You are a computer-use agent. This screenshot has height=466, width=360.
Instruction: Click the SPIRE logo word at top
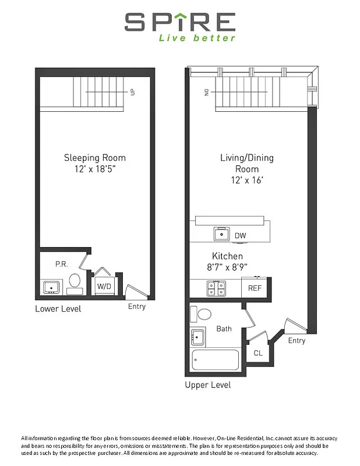tap(180, 23)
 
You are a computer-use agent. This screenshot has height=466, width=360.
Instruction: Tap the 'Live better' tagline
tap(197, 38)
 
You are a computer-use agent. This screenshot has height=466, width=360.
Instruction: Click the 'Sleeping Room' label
tap(94, 158)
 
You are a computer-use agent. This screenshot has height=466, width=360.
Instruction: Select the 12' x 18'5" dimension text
tap(94, 169)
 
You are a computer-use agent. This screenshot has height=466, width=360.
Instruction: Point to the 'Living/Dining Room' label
tap(246, 164)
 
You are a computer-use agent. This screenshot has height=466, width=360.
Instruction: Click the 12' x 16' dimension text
tap(246, 180)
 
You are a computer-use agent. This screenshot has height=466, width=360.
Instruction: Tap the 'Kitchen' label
tap(227, 256)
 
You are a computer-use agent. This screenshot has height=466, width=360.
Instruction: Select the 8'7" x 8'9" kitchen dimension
tap(227, 268)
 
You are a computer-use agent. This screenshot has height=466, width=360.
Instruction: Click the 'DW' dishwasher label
tap(241, 236)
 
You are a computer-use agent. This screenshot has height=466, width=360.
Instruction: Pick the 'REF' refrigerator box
tap(255, 288)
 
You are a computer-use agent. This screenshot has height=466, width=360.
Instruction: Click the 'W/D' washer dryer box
tap(104, 286)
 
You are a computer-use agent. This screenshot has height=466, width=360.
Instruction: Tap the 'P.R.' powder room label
tap(61, 264)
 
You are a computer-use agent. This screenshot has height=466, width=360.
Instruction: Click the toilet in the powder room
tap(74, 281)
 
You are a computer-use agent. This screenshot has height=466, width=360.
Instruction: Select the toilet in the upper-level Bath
tap(204, 315)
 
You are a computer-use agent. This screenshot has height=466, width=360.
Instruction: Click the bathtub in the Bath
tap(214, 359)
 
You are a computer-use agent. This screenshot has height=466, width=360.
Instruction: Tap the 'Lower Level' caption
tap(58, 308)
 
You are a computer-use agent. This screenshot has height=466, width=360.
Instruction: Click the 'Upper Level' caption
tap(207, 385)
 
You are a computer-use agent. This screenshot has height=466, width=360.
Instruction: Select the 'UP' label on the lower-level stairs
tap(133, 91)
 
